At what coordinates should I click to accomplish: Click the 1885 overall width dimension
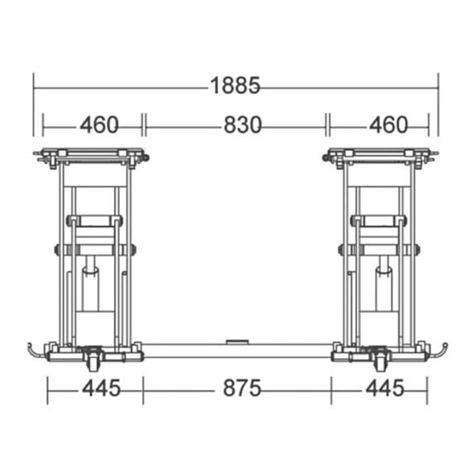click(235, 86)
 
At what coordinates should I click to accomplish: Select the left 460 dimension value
click(99, 125)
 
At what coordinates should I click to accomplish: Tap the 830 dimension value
click(243, 125)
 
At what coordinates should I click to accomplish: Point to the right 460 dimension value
click(388, 125)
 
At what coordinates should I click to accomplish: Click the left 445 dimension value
click(102, 388)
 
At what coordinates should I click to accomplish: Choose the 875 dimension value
click(242, 388)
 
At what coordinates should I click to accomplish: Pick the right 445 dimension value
click(385, 388)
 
